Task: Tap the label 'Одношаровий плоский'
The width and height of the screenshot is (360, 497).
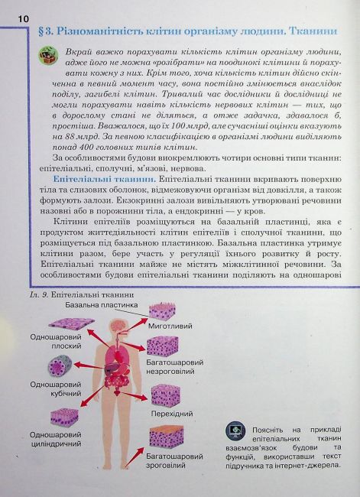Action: point(51,341)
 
